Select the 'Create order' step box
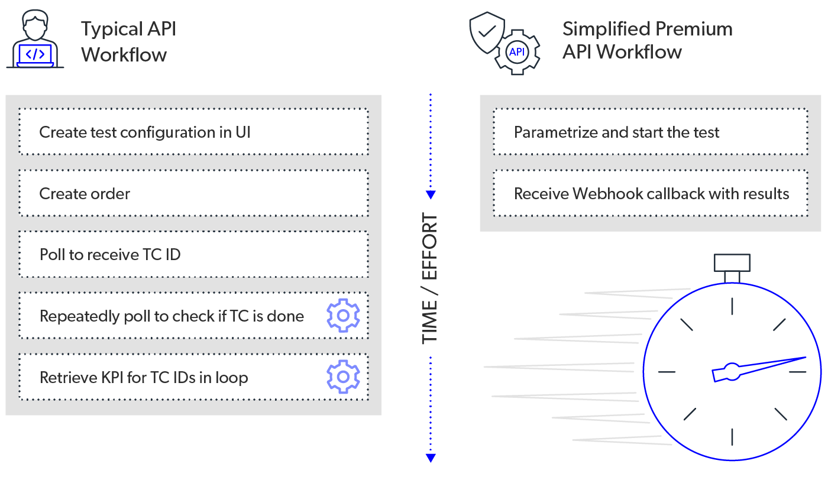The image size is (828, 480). pyautogui.click(x=193, y=193)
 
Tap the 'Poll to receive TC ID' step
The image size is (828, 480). pyautogui.click(x=193, y=255)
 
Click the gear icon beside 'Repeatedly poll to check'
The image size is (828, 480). pyautogui.click(x=343, y=316)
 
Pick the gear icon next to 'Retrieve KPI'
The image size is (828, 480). pyautogui.click(x=343, y=377)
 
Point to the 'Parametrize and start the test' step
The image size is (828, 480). pyautogui.click(x=650, y=132)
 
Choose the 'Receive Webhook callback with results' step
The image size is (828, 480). pyautogui.click(x=650, y=193)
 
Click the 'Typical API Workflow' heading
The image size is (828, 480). pyautogui.click(x=128, y=41)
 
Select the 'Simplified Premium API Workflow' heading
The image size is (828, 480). pyautogui.click(x=647, y=40)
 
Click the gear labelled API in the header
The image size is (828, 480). pyautogui.click(x=516, y=52)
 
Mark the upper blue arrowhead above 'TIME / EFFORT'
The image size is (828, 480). pyautogui.click(x=431, y=195)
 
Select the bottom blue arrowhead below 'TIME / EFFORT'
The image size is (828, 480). pyautogui.click(x=431, y=458)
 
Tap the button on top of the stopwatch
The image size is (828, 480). pyautogui.click(x=732, y=262)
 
